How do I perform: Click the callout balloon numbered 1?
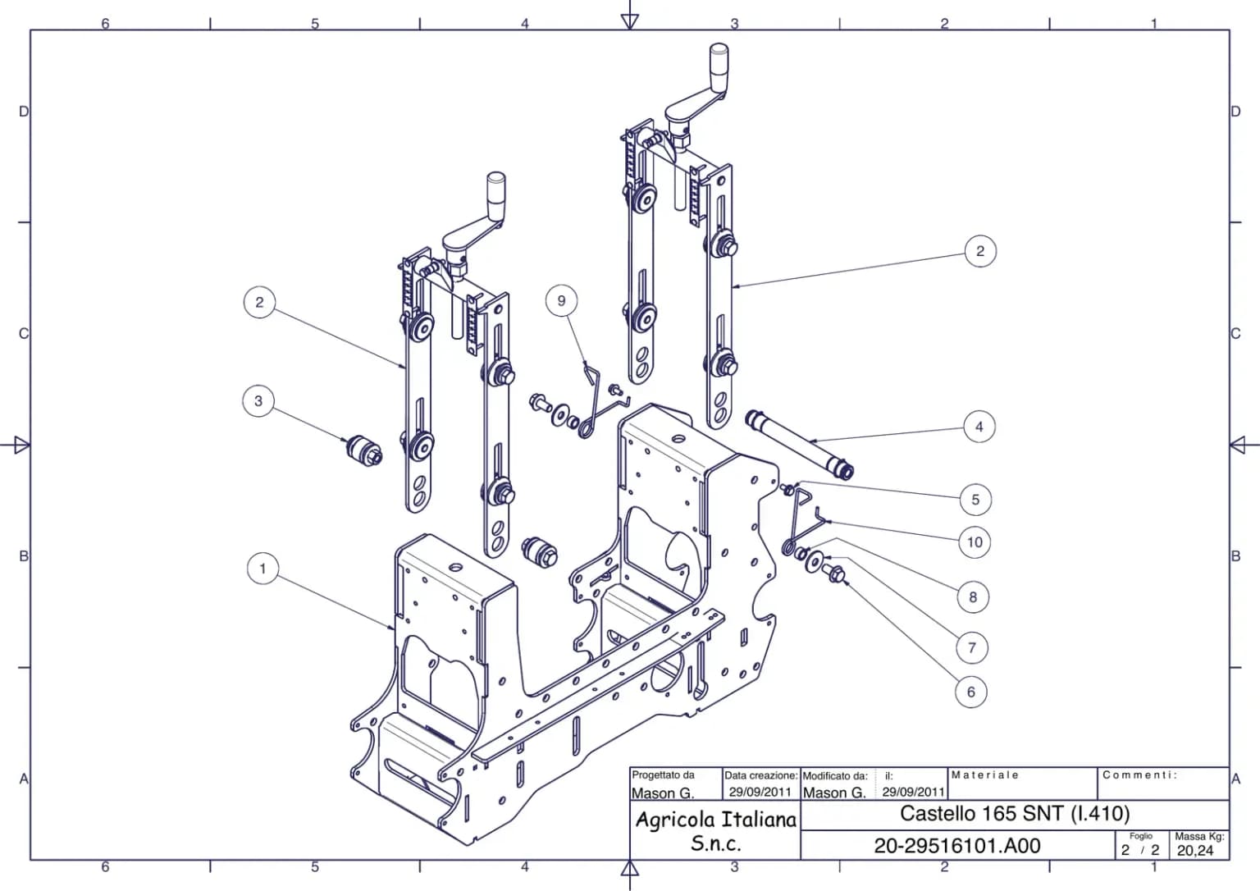click(262, 569)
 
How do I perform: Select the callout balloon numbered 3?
click(258, 401)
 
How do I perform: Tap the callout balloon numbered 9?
click(561, 301)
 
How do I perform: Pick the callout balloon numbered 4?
click(979, 427)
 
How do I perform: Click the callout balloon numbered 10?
click(975, 542)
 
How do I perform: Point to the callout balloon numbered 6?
click(971, 692)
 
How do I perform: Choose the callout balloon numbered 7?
click(972, 648)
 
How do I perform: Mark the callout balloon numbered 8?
click(973, 597)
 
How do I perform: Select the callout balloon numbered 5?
click(975, 500)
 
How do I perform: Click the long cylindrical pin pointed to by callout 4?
click(799, 445)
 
